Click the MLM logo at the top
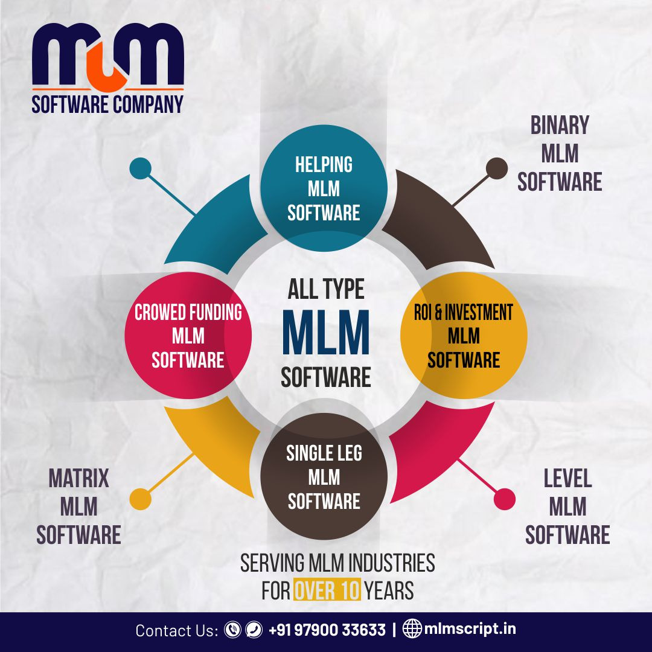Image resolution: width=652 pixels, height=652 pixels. coord(107,55)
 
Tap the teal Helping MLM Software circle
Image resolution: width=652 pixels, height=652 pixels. coord(324,189)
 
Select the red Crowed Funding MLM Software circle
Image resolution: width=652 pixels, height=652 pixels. coord(188,336)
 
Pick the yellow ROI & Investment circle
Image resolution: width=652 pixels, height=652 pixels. coord(464,336)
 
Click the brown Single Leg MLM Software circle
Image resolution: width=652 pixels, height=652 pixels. coord(324,477)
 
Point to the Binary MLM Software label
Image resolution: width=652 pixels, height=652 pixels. coord(560,153)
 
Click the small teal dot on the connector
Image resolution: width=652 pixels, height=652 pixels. coord(141,168)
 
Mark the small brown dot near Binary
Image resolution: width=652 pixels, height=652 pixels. coord(497,168)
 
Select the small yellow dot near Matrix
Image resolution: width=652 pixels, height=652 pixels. coord(141,499)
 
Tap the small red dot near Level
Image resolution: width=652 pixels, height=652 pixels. coord(504,499)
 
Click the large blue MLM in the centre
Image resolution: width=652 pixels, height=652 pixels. coord(326,333)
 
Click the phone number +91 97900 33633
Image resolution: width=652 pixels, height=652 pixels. coord(327,630)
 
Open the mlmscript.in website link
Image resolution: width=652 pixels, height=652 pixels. coord(470,629)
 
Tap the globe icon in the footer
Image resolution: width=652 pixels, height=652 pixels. coord(412,629)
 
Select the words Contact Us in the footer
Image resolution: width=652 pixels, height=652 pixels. coord(176,630)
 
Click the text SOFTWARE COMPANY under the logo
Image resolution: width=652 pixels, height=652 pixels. coord(107,104)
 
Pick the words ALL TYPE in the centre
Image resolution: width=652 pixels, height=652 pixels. coord(326,290)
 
